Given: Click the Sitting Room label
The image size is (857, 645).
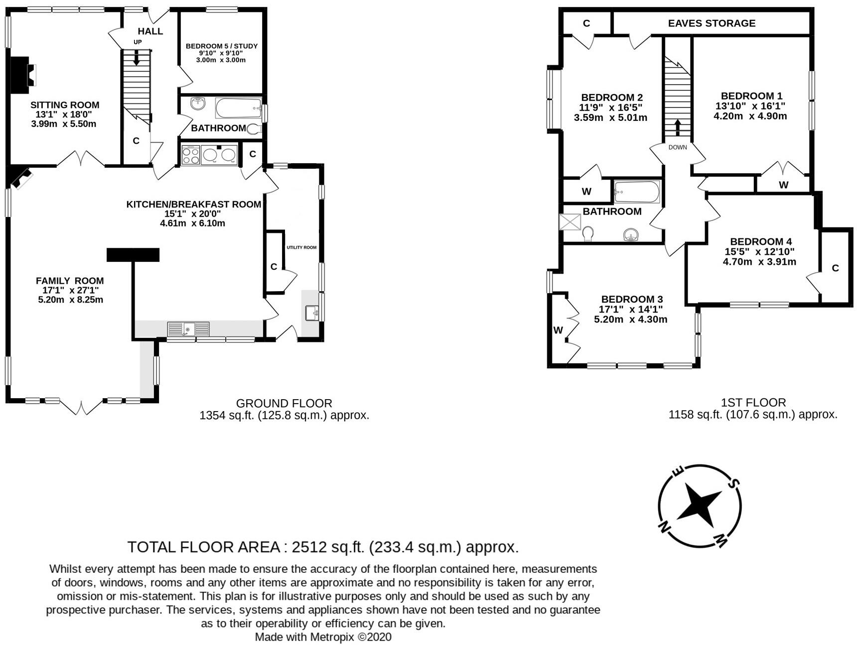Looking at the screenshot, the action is (65, 105).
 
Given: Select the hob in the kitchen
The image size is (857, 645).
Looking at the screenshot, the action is (191, 154).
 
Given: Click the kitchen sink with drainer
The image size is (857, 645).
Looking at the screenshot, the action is (188, 329).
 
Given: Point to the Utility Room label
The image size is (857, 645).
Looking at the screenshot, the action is (301, 247).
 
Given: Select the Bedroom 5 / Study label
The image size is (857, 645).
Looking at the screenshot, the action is (222, 46).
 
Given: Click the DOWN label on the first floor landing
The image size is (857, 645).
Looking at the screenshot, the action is (678, 147).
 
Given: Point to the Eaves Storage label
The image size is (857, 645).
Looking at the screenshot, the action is (712, 23).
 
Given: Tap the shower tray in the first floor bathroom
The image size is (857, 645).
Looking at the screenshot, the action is (571, 222).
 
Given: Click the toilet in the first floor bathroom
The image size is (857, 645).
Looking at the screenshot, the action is (588, 233).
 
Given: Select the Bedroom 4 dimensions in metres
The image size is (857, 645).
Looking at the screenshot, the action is (759, 262).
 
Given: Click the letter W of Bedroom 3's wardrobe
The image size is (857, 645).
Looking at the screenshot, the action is (558, 330).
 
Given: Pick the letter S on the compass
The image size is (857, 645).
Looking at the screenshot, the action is (734, 482).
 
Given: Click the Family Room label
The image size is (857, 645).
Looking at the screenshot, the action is (70, 281).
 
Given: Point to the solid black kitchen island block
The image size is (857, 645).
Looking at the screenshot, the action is (133, 255).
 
